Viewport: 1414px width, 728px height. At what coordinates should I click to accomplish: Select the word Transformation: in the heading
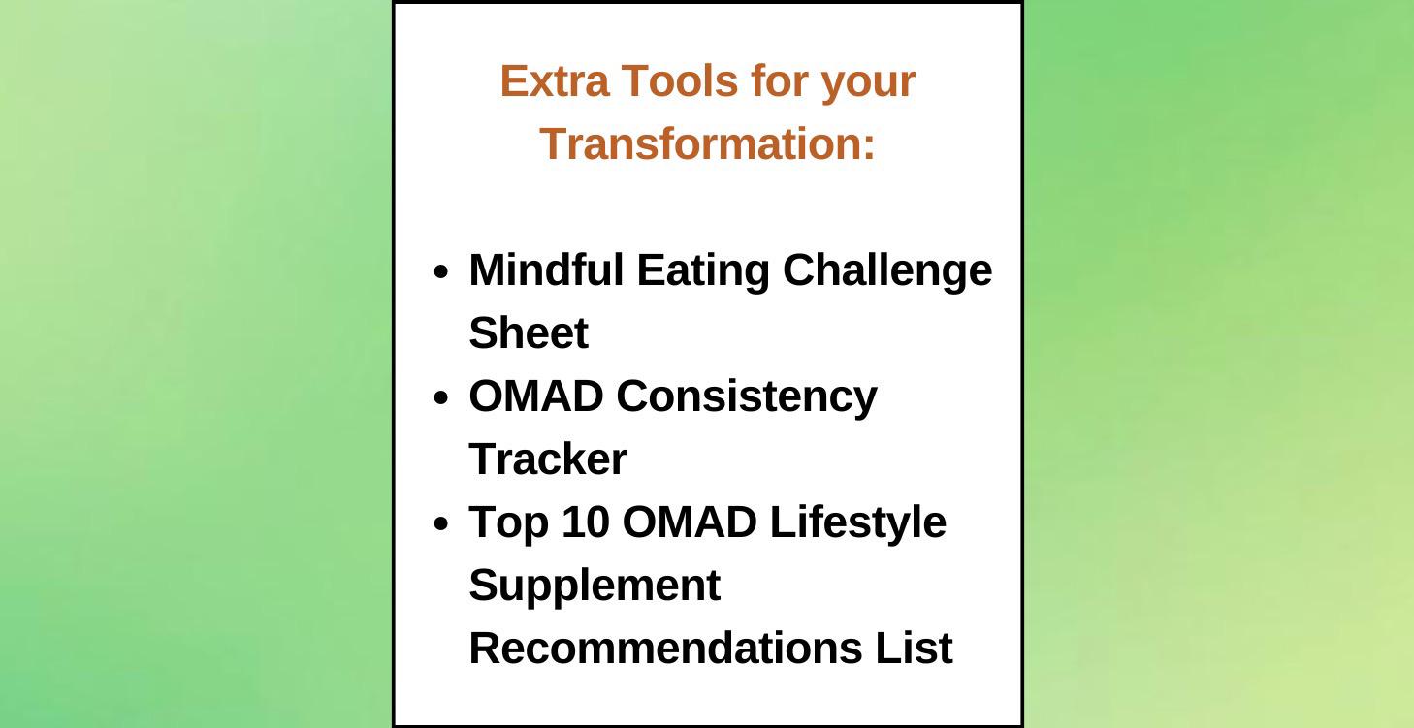708,144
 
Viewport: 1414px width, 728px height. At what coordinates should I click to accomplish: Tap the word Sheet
529,333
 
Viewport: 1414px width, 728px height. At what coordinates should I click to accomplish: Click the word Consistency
746,397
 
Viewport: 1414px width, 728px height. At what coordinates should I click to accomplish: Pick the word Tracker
548,459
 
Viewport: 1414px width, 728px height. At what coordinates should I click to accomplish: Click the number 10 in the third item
585,522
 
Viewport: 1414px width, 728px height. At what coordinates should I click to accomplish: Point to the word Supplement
595,586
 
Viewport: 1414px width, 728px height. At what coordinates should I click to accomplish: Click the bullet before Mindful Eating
441,272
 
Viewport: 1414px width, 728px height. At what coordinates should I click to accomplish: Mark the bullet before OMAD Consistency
441,398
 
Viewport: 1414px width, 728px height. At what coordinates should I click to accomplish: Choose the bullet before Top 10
441,524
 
